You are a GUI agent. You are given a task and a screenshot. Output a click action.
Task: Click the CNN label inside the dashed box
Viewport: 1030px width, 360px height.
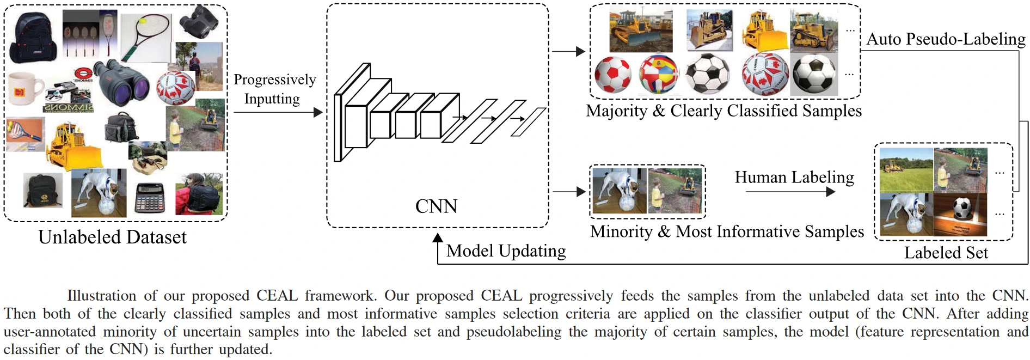(436, 206)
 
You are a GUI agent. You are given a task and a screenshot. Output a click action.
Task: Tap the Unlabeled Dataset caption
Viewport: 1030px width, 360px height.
(112, 237)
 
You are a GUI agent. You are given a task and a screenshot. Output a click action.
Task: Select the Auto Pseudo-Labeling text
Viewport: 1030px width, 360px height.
(946, 39)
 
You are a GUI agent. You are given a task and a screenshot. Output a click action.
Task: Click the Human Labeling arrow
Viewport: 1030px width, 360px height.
(790, 192)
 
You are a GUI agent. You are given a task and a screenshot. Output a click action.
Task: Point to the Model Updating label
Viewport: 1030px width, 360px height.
(506, 251)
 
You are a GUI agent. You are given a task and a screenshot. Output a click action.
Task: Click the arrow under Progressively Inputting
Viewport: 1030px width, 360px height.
(278, 113)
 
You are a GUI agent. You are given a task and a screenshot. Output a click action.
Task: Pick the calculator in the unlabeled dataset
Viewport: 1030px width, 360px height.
(150, 198)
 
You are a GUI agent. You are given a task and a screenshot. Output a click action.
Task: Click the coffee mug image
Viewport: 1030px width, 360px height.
(25, 89)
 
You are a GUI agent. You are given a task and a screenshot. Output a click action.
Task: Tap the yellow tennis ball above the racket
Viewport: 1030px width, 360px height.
(143, 21)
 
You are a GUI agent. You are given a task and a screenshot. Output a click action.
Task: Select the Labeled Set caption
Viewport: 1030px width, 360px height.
(946, 253)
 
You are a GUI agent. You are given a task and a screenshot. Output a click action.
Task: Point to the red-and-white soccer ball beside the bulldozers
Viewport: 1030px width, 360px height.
(612, 75)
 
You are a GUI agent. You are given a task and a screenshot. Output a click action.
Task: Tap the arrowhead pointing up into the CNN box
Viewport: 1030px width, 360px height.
(438, 237)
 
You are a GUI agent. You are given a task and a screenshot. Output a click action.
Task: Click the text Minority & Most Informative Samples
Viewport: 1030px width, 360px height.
(727, 232)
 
